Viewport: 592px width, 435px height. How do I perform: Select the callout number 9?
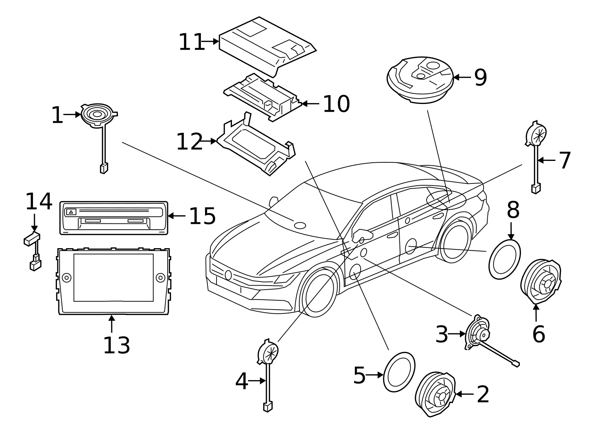click(x=480, y=78)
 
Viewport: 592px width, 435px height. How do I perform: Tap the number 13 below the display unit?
click(x=116, y=345)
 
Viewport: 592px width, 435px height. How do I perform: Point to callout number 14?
click(x=38, y=202)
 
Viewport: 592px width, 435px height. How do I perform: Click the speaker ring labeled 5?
click(x=399, y=372)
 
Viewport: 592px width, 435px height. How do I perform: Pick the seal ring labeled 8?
click(x=504, y=259)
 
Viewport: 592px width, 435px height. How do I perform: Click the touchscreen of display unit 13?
click(x=113, y=277)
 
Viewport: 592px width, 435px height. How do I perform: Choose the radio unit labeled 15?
click(x=114, y=218)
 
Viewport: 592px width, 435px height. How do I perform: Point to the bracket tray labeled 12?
click(x=255, y=146)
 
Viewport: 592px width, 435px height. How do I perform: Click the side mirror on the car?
click(x=361, y=234)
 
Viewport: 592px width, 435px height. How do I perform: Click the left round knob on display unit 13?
click(x=67, y=277)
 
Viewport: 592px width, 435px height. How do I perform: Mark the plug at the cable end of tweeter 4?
click(x=267, y=407)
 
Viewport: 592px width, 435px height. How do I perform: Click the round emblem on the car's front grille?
click(x=228, y=275)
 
